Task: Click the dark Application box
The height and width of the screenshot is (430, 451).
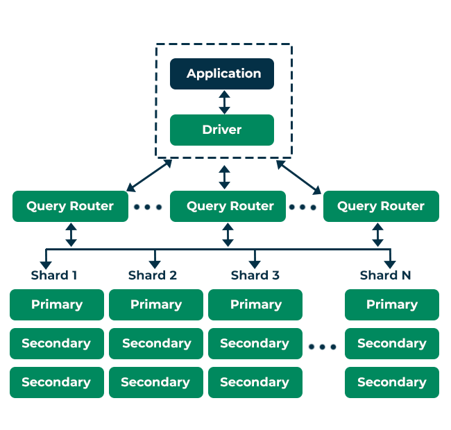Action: (222, 74)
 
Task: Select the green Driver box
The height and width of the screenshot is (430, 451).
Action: (222, 130)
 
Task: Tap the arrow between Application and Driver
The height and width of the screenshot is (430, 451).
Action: (223, 102)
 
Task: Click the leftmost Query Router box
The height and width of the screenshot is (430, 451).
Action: (70, 206)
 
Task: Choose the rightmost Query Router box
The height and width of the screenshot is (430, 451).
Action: (381, 206)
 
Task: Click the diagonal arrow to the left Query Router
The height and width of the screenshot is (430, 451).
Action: (149, 175)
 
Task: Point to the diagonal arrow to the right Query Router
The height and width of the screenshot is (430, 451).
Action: (298, 176)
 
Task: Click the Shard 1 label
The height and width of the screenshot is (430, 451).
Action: (54, 275)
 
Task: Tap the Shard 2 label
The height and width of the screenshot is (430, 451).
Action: (153, 275)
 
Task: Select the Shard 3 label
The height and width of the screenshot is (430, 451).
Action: (255, 275)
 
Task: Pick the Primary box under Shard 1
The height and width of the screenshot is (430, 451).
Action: (57, 304)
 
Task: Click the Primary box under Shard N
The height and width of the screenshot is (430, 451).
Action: (392, 304)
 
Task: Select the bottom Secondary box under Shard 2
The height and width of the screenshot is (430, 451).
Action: (156, 382)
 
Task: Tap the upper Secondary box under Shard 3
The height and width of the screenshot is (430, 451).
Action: (255, 343)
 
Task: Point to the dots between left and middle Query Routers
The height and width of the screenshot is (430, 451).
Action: (148, 207)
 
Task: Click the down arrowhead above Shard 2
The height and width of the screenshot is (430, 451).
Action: (155, 264)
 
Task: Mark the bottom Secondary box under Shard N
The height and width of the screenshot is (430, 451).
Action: (392, 382)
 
